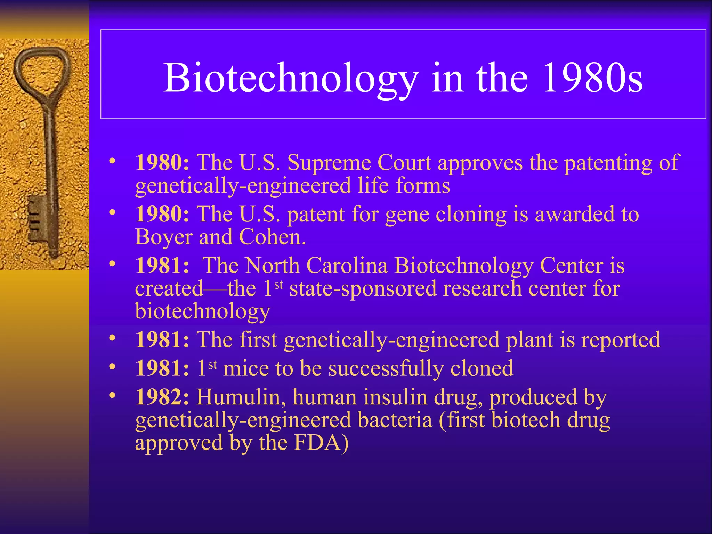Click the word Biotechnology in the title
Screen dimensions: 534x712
291,78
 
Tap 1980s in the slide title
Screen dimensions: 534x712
592,78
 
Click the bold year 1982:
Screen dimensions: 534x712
162,397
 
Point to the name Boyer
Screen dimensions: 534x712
164,237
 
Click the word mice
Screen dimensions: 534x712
246,368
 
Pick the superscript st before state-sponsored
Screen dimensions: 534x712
278,285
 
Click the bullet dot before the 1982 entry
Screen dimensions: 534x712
112,395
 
